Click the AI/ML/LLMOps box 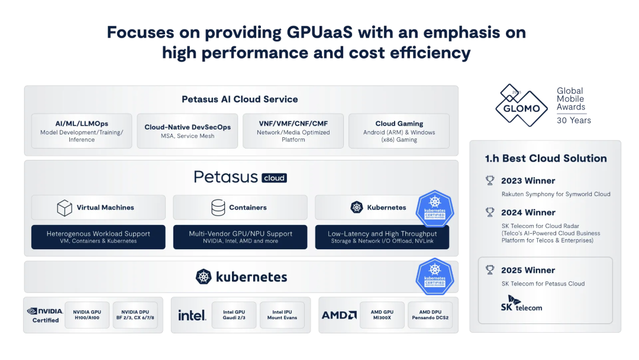click(82, 131)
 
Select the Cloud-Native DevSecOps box click(188, 131)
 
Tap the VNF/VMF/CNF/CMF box click(293, 131)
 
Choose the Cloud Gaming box click(399, 131)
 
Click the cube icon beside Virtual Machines click(64, 208)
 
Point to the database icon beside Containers click(218, 208)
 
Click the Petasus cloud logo click(240, 177)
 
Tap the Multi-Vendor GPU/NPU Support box click(240, 237)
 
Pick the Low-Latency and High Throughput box click(382, 237)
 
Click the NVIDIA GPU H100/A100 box click(87, 315)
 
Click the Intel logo click(192, 315)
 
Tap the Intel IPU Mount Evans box click(282, 315)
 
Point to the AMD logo click(339, 315)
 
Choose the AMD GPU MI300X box click(382, 315)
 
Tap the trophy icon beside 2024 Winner click(490, 212)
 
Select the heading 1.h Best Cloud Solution click(546, 158)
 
